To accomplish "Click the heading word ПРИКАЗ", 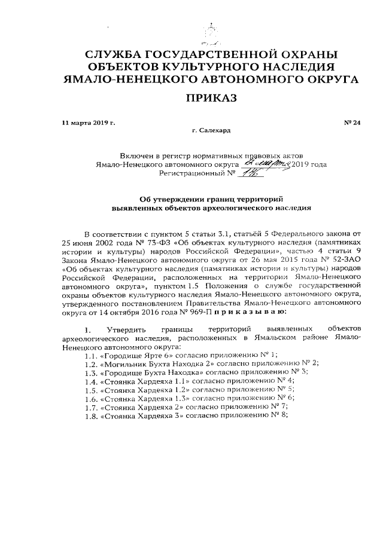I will coord(210,97).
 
